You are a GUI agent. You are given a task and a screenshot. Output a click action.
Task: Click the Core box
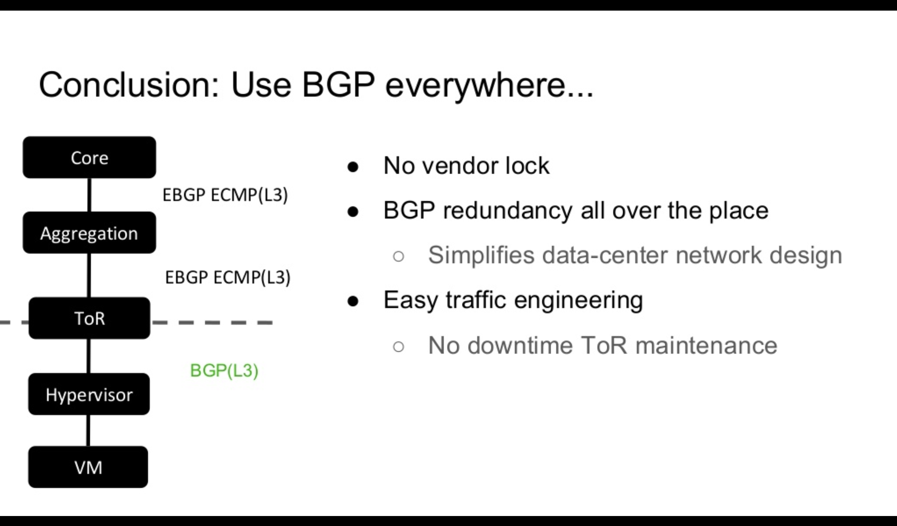(x=89, y=157)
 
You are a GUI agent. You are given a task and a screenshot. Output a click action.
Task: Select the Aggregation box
(x=89, y=233)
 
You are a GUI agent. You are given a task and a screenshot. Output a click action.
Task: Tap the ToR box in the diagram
(x=89, y=318)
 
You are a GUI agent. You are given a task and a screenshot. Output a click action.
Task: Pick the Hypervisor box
(x=89, y=394)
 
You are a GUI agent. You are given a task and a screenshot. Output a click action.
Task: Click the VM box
(x=88, y=467)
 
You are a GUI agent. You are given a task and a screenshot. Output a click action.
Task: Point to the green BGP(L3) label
(x=224, y=371)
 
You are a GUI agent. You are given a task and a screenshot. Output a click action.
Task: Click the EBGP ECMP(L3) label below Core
(x=225, y=195)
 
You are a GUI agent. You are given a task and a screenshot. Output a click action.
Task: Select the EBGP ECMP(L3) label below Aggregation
(x=228, y=278)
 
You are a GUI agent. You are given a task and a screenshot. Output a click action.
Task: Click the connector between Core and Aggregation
(x=89, y=195)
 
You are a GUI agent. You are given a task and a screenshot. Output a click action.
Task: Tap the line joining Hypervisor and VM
(x=88, y=431)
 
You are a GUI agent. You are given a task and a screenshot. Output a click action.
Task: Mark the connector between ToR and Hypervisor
(x=89, y=356)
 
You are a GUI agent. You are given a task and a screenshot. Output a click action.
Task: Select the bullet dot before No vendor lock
(x=353, y=167)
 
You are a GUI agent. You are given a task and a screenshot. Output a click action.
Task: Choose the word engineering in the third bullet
(x=578, y=301)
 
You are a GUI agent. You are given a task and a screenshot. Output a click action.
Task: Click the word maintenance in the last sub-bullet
(x=706, y=345)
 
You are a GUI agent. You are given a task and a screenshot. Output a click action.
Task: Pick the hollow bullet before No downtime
(x=399, y=346)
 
